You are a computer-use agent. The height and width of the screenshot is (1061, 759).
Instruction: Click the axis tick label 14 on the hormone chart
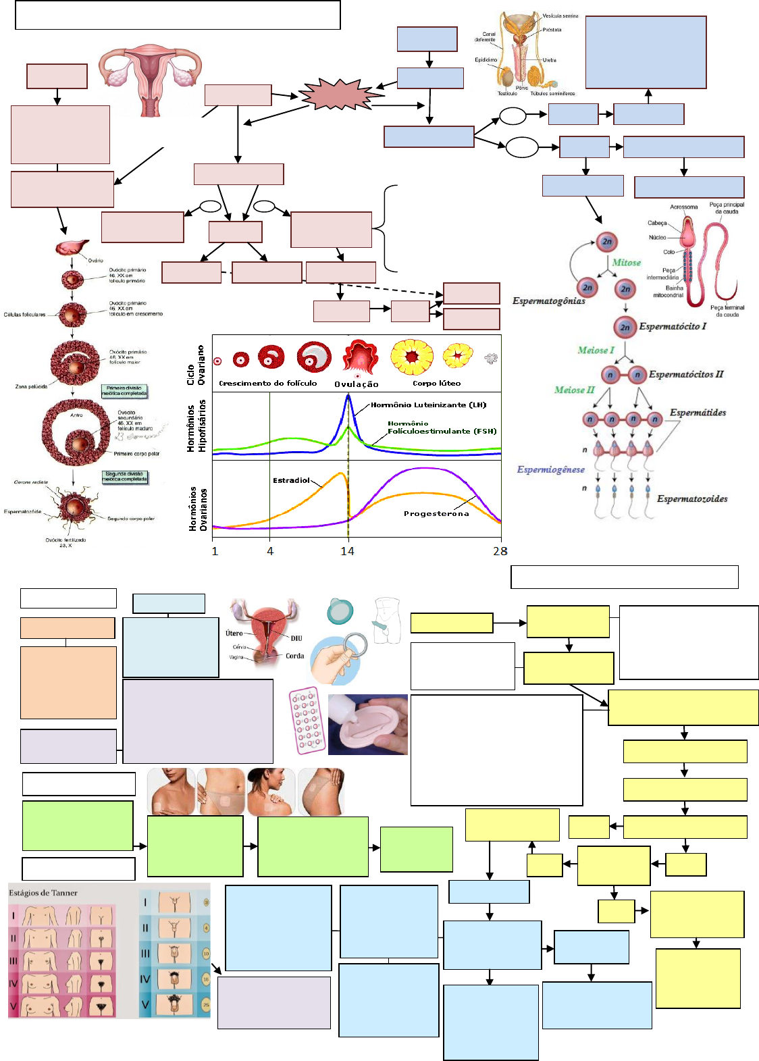tap(347, 551)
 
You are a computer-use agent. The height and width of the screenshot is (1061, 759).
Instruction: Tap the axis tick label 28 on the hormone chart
tap(500, 551)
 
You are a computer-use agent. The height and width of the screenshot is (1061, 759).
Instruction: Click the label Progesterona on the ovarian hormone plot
tap(436, 514)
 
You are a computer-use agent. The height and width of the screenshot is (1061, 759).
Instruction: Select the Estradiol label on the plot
tap(291, 480)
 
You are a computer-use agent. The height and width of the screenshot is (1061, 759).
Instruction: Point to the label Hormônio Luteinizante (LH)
tap(428, 405)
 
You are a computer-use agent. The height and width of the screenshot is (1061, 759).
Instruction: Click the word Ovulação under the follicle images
tap(357, 384)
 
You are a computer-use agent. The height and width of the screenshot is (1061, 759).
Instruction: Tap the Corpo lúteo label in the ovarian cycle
tap(436, 383)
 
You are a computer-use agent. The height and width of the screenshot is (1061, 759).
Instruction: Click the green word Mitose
tap(626, 263)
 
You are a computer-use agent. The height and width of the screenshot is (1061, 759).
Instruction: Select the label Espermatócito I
tap(673, 326)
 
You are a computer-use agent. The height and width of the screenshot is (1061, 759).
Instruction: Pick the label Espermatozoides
tap(692, 499)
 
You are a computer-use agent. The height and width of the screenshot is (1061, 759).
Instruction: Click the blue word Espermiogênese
tap(550, 469)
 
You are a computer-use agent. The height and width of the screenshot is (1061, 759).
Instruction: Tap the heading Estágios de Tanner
tap(43, 893)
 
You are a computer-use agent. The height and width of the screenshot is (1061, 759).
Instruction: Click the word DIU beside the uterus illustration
tap(296, 638)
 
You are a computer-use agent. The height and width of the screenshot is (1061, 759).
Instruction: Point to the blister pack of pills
tap(307, 721)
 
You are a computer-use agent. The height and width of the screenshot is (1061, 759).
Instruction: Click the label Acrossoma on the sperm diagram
tap(683, 207)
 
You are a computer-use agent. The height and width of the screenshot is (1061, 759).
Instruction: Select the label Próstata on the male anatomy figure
tap(552, 30)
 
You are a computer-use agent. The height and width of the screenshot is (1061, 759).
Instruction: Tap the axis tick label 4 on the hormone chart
tap(270, 551)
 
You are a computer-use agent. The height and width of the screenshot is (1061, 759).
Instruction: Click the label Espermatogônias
tap(548, 301)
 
